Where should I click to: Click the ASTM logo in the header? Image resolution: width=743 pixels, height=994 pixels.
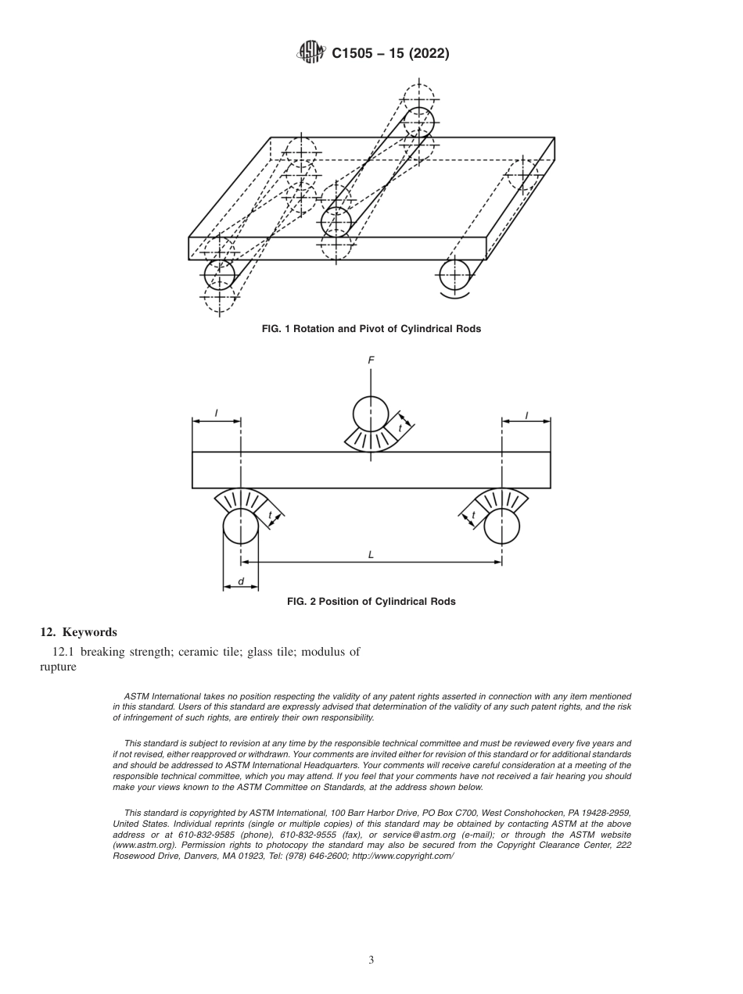[x=311, y=52]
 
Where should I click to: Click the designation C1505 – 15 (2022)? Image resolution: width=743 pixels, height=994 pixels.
[x=390, y=53]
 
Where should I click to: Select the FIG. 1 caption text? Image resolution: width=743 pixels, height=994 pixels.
[x=371, y=329]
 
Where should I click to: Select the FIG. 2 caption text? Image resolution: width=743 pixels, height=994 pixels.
[x=371, y=602]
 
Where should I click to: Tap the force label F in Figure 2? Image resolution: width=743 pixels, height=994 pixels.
[x=371, y=360]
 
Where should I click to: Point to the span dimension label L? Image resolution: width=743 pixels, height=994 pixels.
[x=371, y=554]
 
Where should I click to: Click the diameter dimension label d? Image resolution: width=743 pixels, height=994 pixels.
[x=240, y=581]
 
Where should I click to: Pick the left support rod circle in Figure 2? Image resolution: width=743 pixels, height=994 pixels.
[x=240, y=527]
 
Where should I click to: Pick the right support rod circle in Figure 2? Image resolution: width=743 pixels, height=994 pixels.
[x=502, y=527]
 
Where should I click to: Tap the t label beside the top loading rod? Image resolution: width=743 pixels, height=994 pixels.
[x=400, y=428]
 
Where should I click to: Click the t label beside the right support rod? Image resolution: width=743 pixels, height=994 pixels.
[x=474, y=515]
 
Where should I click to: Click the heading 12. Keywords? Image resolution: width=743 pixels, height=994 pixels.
[x=78, y=631]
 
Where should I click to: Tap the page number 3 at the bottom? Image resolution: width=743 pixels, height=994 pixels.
[x=371, y=960]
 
